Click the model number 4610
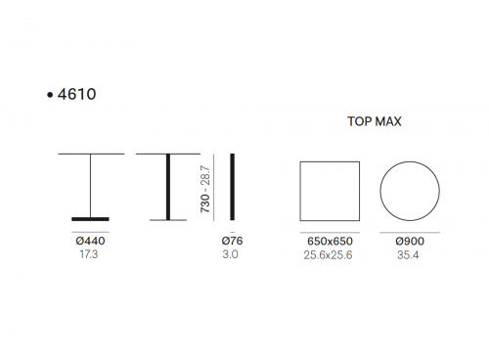click(x=76, y=94)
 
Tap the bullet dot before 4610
click(x=50, y=95)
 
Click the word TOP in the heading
click(x=359, y=121)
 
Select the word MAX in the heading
click(x=388, y=121)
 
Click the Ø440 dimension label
click(x=90, y=241)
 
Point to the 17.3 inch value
click(x=89, y=254)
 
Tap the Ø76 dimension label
click(x=232, y=241)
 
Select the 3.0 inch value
click(x=230, y=254)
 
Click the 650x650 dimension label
click(x=330, y=242)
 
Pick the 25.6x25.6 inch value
click(x=328, y=255)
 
